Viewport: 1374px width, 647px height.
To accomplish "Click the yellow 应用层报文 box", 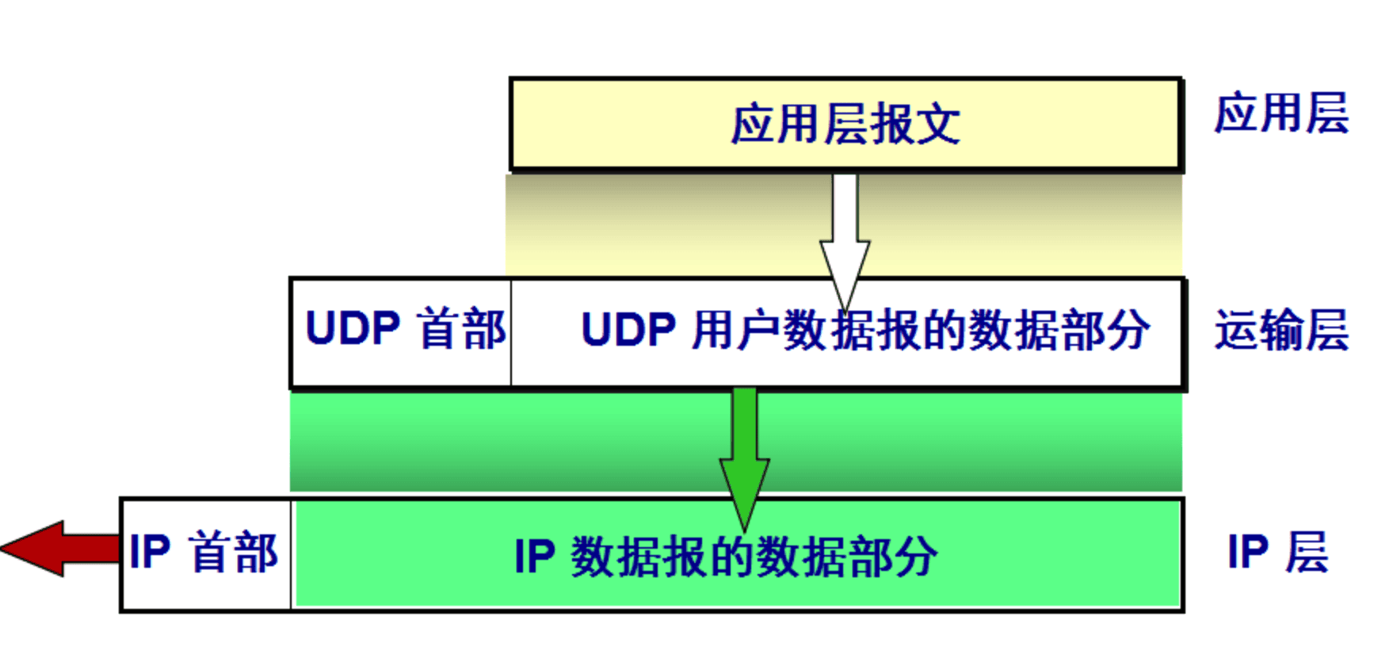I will pos(845,124).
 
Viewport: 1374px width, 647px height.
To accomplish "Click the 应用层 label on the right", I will pos(1281,113).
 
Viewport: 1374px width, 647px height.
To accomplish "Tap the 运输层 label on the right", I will pos(1281,330).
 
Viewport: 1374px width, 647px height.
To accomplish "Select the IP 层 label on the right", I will pos(1277,553).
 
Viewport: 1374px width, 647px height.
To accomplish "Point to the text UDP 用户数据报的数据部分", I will pos(865,330).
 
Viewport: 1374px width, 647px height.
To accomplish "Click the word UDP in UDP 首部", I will pos(353,328).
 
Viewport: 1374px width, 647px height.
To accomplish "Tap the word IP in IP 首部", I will pos(150,553).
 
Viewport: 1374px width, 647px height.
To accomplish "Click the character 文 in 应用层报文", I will pos(938,125).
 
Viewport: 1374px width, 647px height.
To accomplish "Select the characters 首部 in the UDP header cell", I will pos(462,329).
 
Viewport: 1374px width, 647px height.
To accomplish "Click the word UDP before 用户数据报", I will pos(628,330).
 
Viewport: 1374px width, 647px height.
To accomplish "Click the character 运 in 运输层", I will pos(1236,330).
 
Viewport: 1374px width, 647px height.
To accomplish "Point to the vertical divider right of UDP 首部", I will pos(511,333).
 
